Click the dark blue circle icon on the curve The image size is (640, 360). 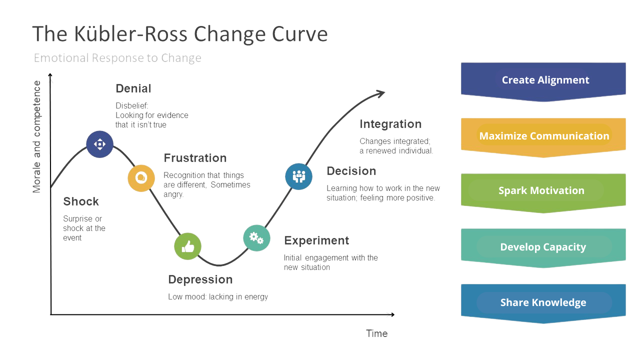100,144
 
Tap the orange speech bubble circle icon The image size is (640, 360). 141,178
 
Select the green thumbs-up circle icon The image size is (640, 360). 187,246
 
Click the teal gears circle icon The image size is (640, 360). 256,238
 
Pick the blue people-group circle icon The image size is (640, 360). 299,176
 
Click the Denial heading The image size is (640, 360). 133,88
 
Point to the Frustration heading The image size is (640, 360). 195,158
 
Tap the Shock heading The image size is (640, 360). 81,201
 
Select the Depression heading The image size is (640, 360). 200,279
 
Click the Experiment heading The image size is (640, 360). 316,240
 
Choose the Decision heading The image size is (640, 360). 351,171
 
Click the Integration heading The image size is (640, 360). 390,124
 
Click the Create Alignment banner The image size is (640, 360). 543,80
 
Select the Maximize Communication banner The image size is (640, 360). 543,136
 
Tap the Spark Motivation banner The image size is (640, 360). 543,191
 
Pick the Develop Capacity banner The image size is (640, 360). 543,247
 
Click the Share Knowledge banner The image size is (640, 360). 543,302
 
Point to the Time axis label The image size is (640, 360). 376,333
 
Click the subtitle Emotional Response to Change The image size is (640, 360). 117,58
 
